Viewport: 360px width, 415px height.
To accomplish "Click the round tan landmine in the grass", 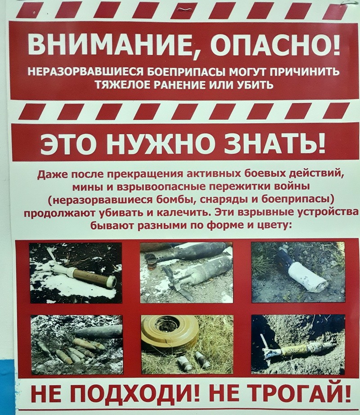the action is click(170, 332).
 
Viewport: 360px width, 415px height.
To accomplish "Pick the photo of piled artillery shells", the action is click(76, 344).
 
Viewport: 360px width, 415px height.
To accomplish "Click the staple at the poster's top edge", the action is click(184, 9).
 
